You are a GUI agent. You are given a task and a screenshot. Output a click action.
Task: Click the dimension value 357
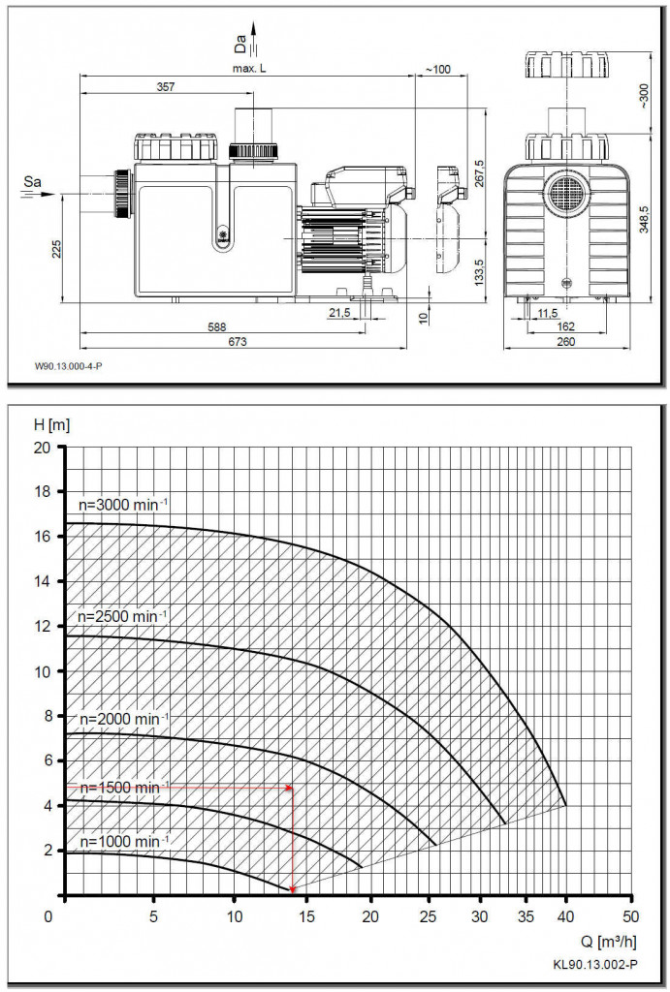coord(165,86)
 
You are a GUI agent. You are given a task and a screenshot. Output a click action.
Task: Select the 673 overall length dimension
coord(239,342)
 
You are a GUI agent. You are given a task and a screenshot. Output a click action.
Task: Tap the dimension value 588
coord(217,327)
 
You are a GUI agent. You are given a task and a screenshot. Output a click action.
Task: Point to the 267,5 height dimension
coord(479,172)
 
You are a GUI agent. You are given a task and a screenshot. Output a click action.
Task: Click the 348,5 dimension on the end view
coord(644,220)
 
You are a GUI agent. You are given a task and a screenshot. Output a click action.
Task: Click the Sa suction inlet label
coord(32,182)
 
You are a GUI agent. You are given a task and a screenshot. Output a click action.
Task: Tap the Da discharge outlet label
coord(240,43)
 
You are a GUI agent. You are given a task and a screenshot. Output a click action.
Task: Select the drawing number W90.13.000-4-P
coord(69,366)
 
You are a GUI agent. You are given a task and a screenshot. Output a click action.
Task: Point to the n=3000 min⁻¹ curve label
coord(123,504)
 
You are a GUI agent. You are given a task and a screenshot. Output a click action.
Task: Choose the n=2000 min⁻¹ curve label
coord(123,719)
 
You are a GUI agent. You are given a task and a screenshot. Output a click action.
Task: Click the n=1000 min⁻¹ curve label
coord(123,842)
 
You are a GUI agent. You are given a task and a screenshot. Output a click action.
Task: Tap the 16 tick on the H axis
coord(42,537)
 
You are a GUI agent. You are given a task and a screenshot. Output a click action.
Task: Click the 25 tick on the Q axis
coord(429,916)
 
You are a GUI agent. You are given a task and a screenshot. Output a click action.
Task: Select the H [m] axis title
coord(52,424)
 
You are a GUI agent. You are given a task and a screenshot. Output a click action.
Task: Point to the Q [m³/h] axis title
coord(607,942)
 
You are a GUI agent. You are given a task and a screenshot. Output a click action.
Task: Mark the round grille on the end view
coord(567,189)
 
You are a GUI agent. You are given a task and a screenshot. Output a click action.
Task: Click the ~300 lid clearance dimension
coord(644,97)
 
